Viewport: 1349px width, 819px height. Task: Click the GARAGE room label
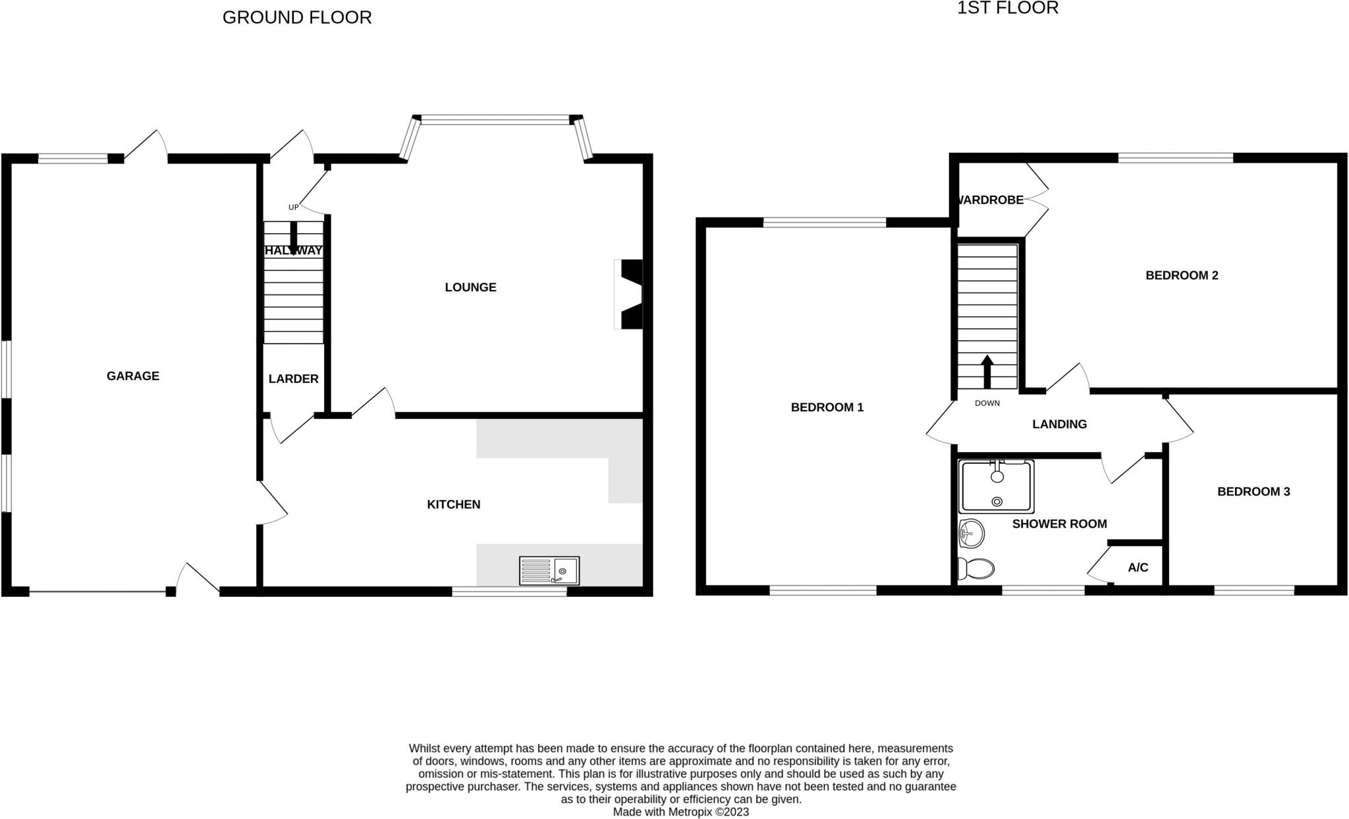coord(133,376)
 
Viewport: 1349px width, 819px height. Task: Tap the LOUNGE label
coord(470,287)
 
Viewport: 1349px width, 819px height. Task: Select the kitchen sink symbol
coord(549,571)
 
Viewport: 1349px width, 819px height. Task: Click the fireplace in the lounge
coord(629,294)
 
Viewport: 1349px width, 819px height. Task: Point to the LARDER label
coord(293,379)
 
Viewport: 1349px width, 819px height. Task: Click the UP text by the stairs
coord(293,208)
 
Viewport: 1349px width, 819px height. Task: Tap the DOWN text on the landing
coord(987,403)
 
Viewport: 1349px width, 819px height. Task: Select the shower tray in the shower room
coord(997,487)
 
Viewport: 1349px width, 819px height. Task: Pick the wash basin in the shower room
coord(972,533)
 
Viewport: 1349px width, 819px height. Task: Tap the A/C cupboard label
coord(1138,567)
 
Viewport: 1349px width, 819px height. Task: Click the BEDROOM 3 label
coord(1253,492)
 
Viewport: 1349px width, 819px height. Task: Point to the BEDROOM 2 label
coord(1182,275)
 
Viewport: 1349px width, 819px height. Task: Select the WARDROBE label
coord(991,200)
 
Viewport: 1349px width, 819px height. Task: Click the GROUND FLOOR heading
coord(297,18)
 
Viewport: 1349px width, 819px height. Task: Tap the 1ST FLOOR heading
coord(1007,8)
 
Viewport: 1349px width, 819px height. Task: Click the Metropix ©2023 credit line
coord(680,812)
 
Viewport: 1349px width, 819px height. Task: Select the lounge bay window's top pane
coord(495,120)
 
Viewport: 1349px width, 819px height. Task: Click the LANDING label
coord(1059,424)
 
